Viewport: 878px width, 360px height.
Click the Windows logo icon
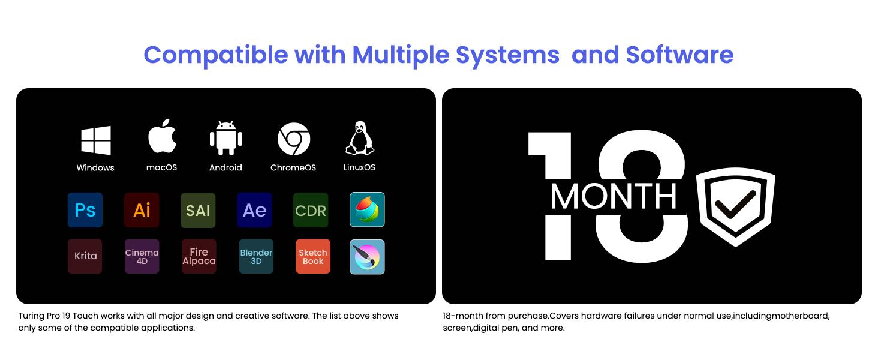(x=95, y=140)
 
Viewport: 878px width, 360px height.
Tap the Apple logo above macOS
(x=163, y=136)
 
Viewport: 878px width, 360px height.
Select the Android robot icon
(x=225, y=137)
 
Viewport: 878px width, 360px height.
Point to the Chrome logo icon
(x=294, y=139)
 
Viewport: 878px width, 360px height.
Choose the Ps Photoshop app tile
(x=85, y=210)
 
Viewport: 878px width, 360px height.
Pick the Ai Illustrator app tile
(x=142, y=210)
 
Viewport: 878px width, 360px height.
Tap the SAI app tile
(x=198, y=210)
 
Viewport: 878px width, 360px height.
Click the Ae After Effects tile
(x=254, y=210)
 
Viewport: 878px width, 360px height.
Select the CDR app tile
(x=311, y=210)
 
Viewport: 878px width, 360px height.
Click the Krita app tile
(x=85, y=256)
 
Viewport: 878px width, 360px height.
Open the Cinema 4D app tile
(x=142, y=256)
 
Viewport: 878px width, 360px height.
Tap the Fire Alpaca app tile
(x=199, y=256)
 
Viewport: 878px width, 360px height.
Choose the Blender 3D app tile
(x=256, y=256)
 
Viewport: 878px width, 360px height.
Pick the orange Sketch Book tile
(x=313, y=256)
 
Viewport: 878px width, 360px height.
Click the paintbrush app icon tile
(x=367, y=257)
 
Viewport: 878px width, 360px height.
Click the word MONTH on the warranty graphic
(x=614, y=196)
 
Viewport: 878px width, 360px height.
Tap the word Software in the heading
(x=679, y=55)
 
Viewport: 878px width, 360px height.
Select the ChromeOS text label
(x=293, y=167)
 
